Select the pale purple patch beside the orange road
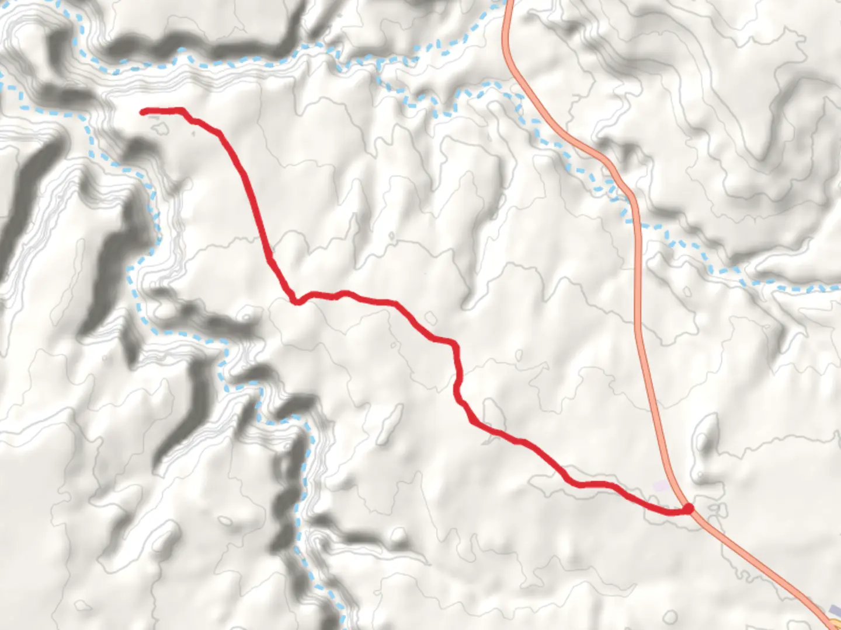click(662, 485)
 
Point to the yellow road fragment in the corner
click(834, 624)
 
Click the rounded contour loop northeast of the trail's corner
click(430, 318)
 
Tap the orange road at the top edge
click(509, 5)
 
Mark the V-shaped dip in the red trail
click(297, 301)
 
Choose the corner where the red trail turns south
click(453, 344)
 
